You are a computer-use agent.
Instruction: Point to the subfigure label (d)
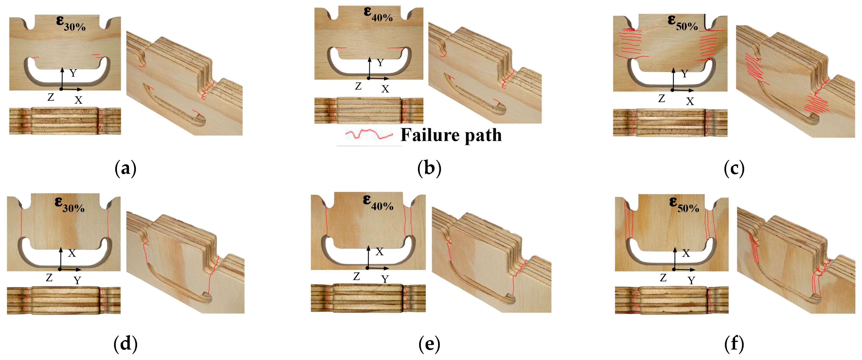click(125, 344)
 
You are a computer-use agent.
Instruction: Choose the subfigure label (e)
click(429, 344)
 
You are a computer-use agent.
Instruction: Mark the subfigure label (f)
click(734, 344)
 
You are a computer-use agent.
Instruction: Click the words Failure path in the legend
click(451, 135)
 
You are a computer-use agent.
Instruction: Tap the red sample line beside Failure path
click(369, 134)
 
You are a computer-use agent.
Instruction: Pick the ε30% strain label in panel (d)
click(70, 204)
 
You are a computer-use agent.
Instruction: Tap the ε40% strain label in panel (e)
click(378, 202)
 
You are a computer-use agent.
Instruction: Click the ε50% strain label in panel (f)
click(684, 204)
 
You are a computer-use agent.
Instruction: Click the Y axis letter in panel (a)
click(73, 73)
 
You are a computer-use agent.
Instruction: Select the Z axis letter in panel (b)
click(358, 86)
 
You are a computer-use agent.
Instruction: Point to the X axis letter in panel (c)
click(690, 101)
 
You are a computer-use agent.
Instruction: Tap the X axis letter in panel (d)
click(72, 253)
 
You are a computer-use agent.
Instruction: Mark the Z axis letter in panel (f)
click(663, 278)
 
